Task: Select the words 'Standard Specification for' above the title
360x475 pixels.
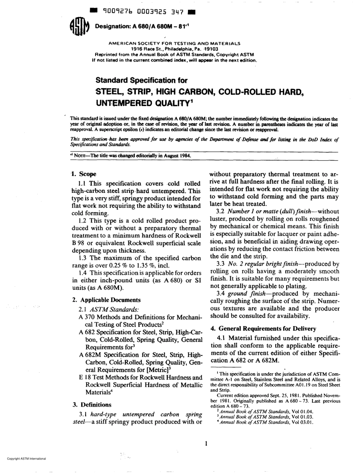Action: (141, 80)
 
